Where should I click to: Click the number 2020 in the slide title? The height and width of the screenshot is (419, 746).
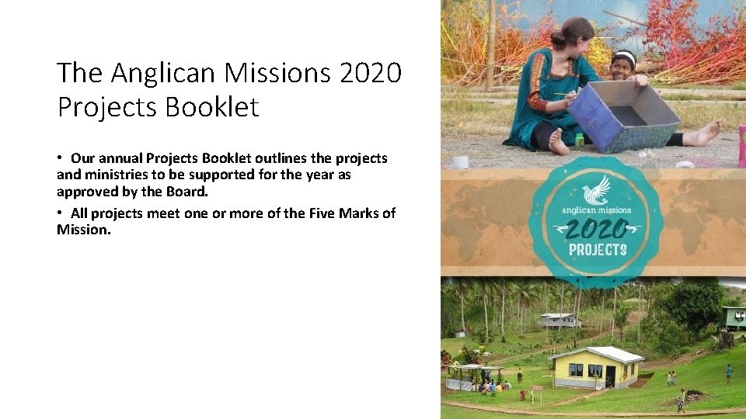point(370,73)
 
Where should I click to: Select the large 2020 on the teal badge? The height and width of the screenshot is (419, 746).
point(597,229)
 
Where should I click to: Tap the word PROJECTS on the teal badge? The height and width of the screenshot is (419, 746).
point(597,250)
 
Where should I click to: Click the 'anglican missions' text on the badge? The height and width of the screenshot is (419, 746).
point(597,209)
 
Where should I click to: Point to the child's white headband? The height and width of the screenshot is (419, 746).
point(624,56)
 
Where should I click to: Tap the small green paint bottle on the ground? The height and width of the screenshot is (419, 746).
point(579,140)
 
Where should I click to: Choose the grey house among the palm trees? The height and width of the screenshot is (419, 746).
point(559,320)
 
